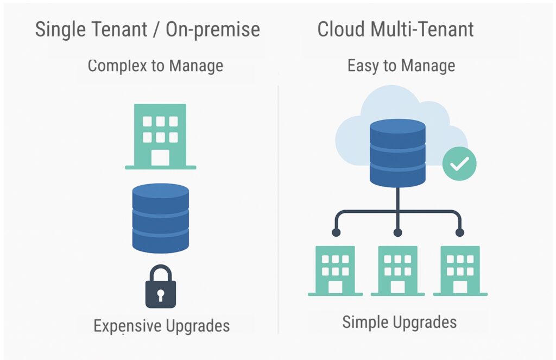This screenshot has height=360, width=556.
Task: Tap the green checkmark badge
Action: click(x=459, y=163)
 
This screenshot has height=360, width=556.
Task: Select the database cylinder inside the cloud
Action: click(x=397, y=153)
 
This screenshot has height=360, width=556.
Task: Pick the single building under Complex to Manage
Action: click(x=160, y=136)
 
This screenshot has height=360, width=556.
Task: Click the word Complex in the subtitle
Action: click(x=113, y=66)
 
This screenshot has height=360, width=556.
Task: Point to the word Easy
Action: click(x=362, y=66)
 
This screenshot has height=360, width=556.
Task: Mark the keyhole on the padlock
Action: click(x=160, y=295)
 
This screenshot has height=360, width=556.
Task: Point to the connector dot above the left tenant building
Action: click(x=336, y=232)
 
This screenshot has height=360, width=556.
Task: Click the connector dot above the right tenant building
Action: click(x=460, y=232)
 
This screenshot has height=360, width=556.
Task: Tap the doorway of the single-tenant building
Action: click(x=160, y=157)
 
